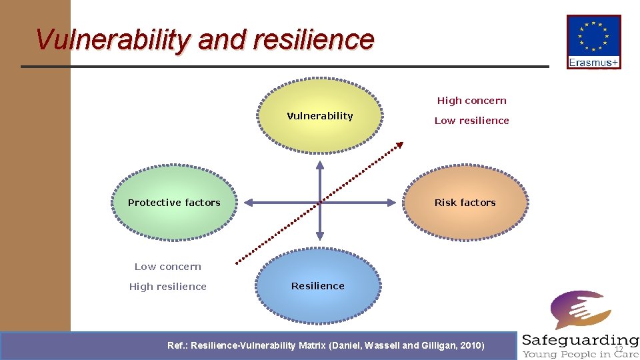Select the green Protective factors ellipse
[174, 202]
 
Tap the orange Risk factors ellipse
[465, 202]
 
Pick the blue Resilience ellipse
[318, 286]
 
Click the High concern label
[471, 101]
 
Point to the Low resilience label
[471, 121]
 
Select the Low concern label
[167, 267]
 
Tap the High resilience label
[167, 287]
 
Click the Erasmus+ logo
[593, 41]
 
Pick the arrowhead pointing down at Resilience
[320, 236]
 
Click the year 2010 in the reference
[471, 345]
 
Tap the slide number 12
[619, 349]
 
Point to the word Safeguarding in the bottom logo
[580, 341]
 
